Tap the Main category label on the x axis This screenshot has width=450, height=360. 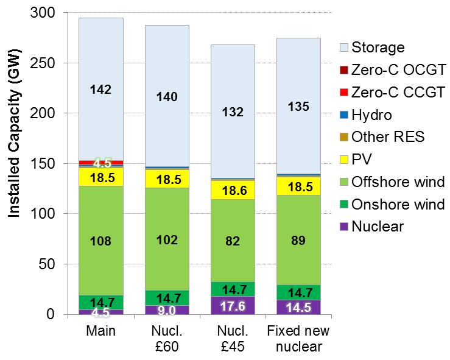(101, 331)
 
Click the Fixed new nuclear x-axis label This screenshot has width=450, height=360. (298, 339)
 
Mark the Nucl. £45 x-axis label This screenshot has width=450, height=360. (233, 339)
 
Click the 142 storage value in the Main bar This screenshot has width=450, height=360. (100, 90)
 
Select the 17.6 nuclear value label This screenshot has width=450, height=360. (233, 306)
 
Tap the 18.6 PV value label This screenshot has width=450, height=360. (233, 191)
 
